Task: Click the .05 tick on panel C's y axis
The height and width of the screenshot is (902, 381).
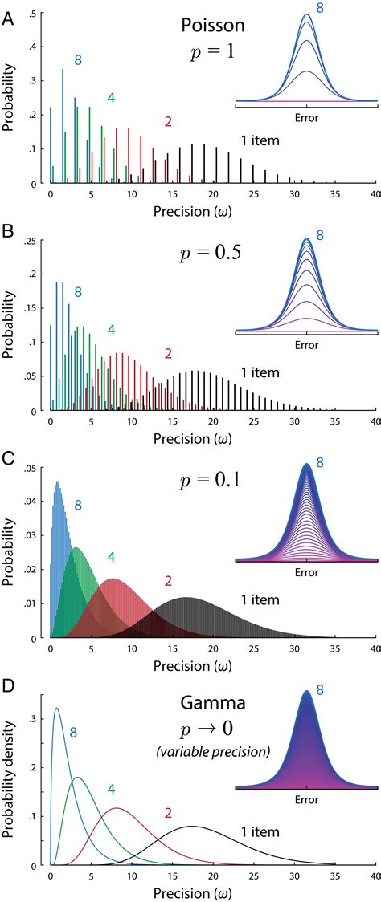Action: [33, 467]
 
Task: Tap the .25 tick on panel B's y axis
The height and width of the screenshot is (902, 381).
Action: [33, 242]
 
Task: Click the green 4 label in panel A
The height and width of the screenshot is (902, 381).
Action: [111, 98]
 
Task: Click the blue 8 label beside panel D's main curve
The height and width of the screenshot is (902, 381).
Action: [73, 732]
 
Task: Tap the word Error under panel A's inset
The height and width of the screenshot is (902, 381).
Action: [306, 118]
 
